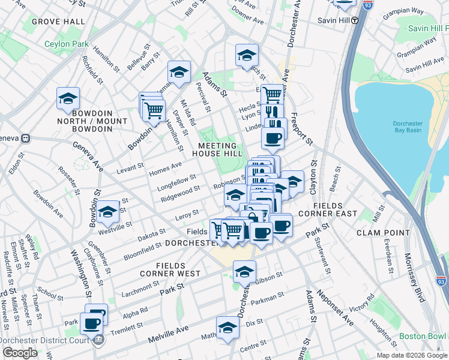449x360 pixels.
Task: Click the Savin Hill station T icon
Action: point(354,19)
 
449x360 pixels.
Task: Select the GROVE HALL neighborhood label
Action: point(58,22)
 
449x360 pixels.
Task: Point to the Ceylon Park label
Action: point(66,44)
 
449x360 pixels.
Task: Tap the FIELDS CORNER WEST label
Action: point(178,269)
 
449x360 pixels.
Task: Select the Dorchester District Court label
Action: point(45,339)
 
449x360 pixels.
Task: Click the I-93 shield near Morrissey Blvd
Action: point(441,280)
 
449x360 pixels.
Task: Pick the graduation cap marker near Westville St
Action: point(108,212)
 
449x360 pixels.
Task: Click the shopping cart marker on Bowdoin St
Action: point(154,110)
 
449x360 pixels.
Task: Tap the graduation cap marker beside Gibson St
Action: point(244,272)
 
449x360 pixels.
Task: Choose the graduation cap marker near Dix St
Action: point(228,328)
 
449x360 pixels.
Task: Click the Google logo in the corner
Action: point(19,353)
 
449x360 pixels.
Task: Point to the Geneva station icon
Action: point(25,138)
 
